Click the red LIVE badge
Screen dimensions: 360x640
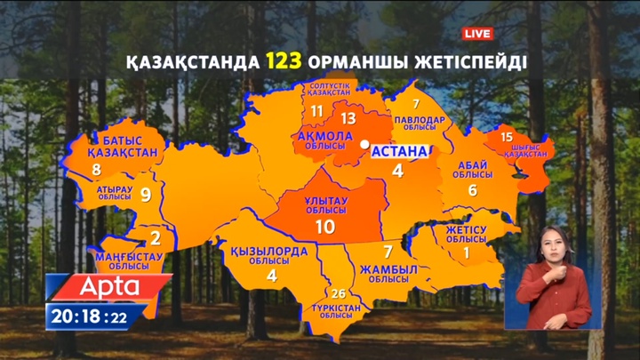[x=477, y=34]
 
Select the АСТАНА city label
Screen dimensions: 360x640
[x=399, y=150]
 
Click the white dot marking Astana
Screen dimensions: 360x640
[x=364, y=143]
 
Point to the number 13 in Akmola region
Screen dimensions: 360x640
[x=348, y=117]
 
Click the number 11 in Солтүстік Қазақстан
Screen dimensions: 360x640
[x=317, y=111]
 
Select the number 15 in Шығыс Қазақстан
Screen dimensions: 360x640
[x=507, y=137]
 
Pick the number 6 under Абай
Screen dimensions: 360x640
[x=473, y=189]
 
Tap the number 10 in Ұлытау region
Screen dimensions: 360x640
[x=324, y=226]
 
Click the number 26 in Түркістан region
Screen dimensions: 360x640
[x=338, y=293]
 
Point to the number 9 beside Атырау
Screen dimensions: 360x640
[x=146, y=195]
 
